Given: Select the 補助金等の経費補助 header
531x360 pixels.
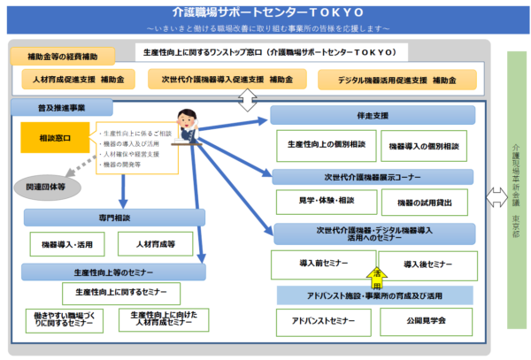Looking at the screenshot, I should tap(63, 56).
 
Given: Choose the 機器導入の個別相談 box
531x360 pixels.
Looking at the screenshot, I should tap(424, 145).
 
